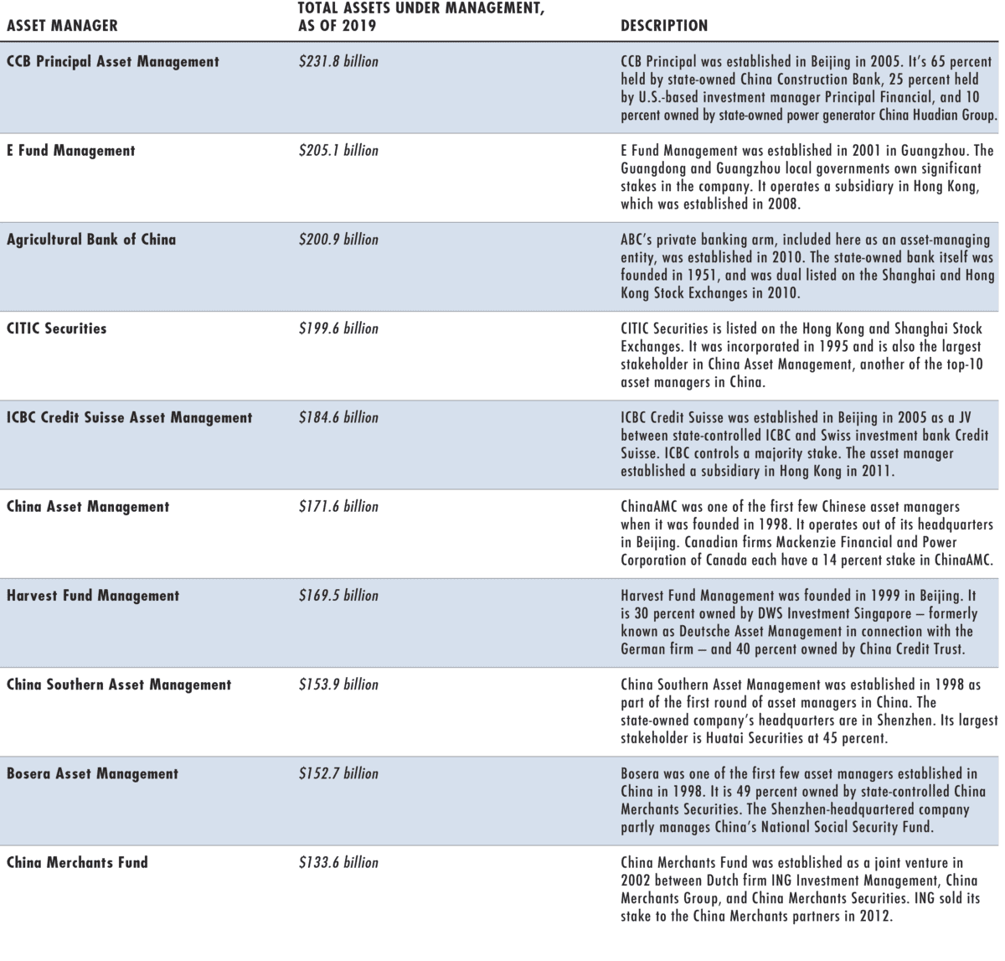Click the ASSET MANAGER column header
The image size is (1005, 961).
coord(62,25)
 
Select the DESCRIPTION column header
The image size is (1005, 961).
coord(663,25)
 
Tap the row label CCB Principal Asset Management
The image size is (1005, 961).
coord(113,61)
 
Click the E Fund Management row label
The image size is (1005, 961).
coord(70,151)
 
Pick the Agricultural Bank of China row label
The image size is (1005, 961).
coord(91,240)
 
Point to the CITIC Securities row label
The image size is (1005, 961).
coord(57,328)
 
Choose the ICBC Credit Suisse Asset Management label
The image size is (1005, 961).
coord(129,417)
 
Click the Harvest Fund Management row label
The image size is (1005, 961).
coord(93,596)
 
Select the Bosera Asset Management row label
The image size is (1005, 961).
coord(92,773)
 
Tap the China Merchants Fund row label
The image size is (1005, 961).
coord(77,862)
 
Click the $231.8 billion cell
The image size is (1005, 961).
coord(338,61)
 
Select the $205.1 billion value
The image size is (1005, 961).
coord(338,151)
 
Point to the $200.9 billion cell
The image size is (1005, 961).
coord(338,240)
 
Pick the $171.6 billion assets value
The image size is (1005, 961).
coord(338,507)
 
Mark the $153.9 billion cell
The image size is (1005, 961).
coord(338,685)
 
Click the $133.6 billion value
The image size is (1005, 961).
coord(338,862)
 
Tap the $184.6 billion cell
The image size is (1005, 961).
coord(338,417)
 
